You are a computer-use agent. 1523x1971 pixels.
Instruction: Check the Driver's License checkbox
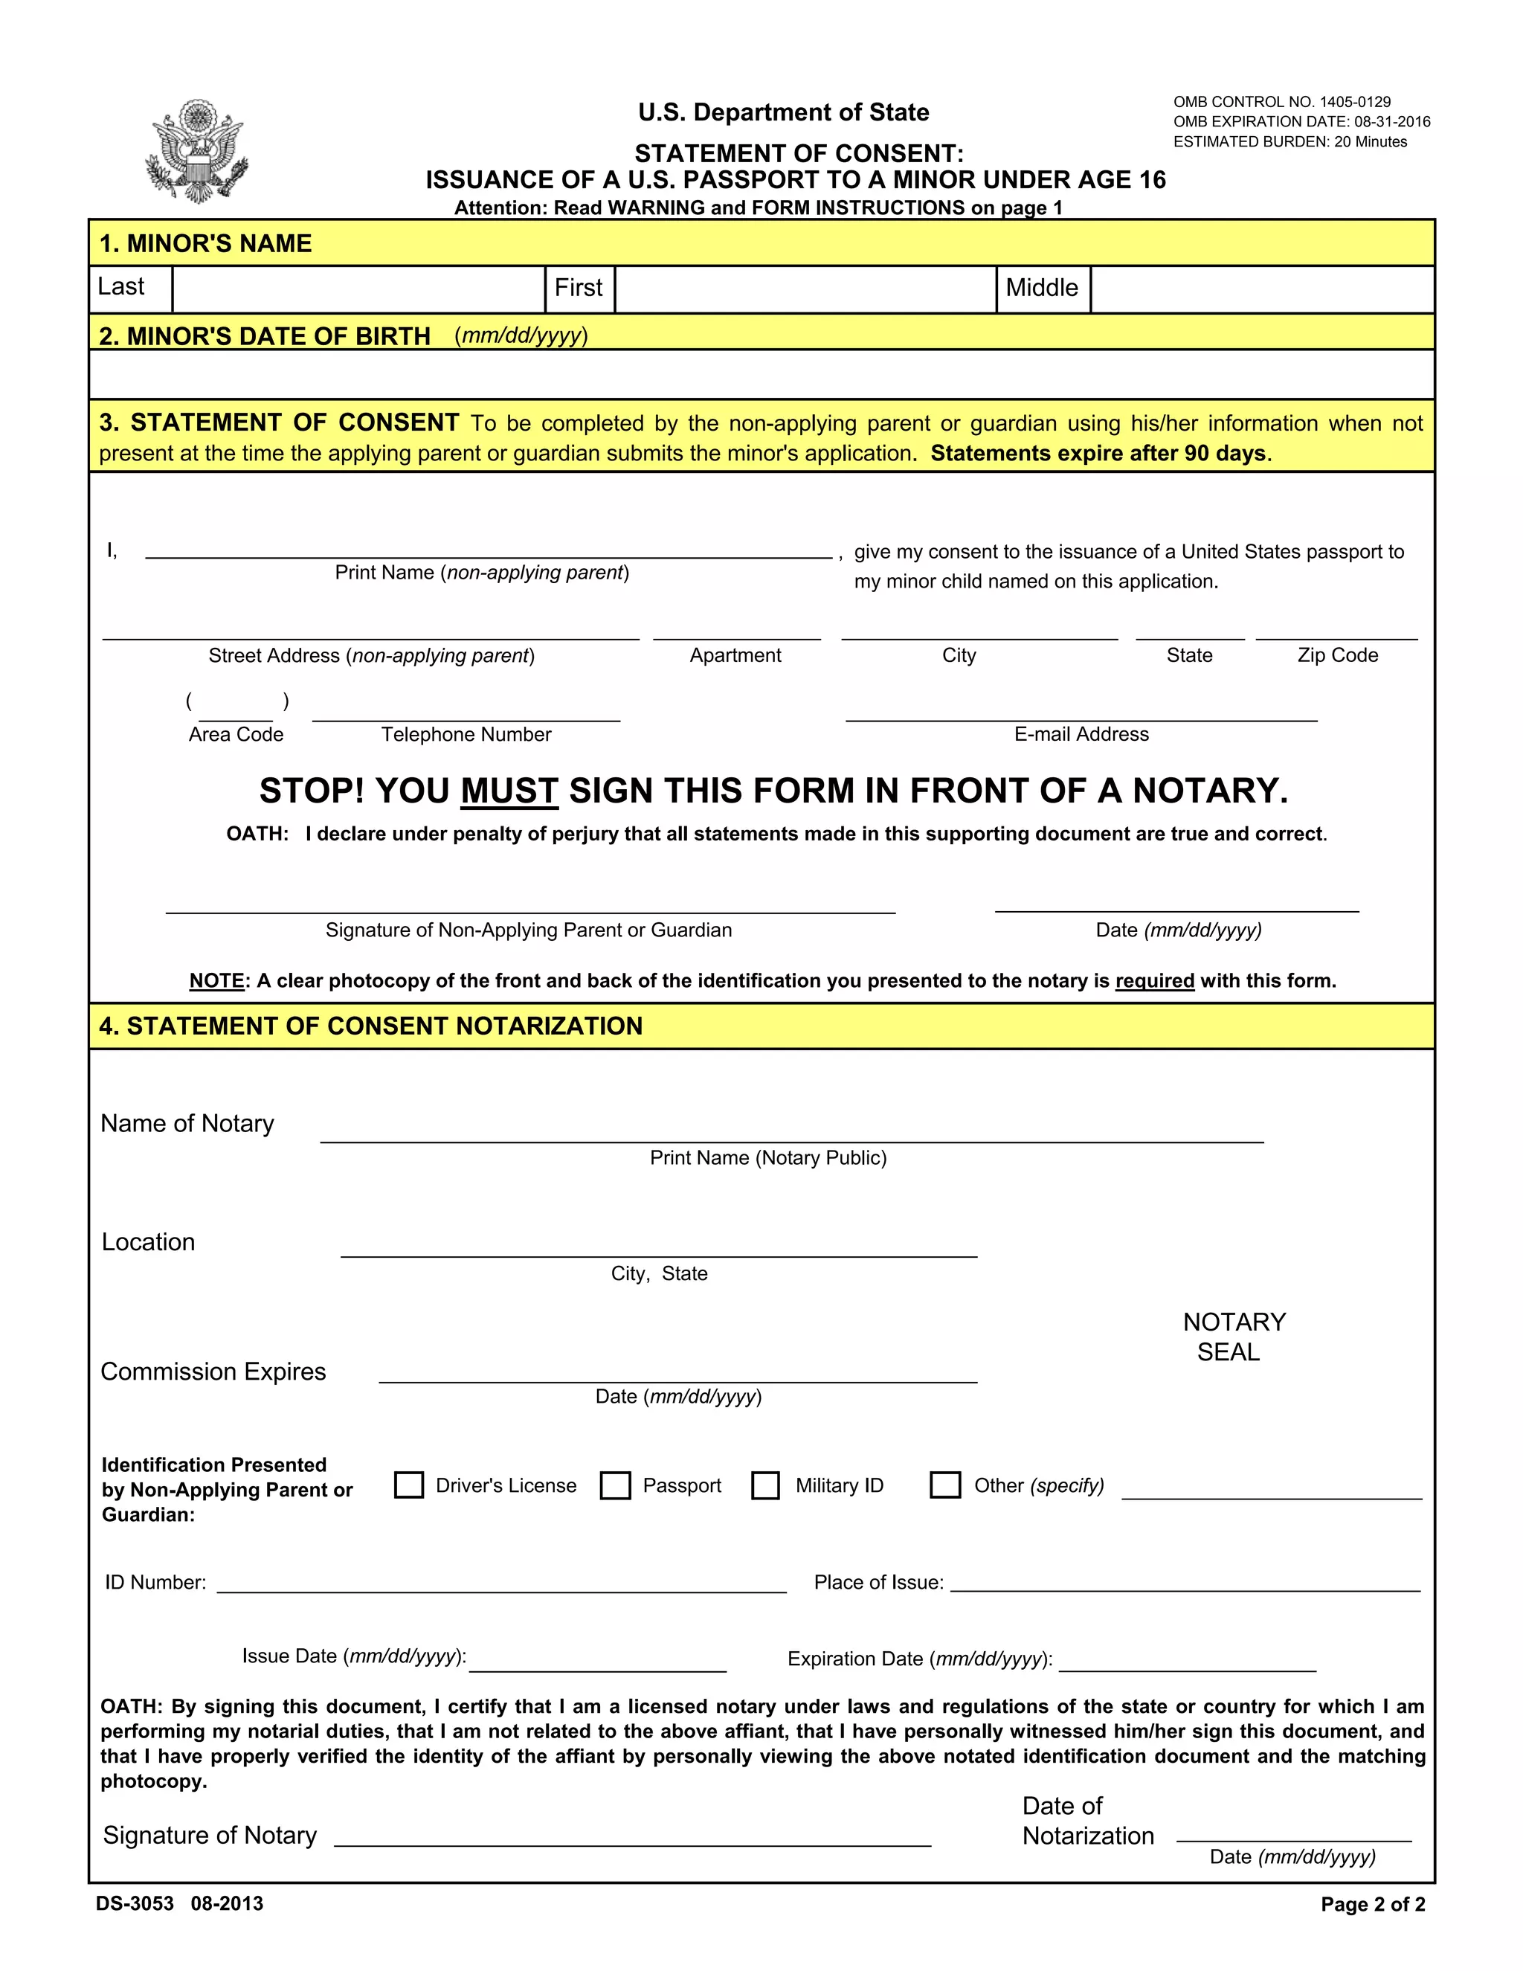[409, 1485]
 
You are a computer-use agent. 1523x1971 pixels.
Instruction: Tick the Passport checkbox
[615, 1485]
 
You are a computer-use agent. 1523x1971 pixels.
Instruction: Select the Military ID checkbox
[765, 1485]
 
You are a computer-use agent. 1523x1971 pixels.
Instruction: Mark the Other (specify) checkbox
[944, 1485]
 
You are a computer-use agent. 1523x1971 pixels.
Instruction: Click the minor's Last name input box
[358, 289]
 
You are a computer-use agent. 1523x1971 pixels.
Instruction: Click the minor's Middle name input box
[1260, 289]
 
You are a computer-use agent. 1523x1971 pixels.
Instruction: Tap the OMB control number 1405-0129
[1282, 102]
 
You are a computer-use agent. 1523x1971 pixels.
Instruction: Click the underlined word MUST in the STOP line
[509, 791]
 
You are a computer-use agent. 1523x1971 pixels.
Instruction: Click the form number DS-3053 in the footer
[135, 1903]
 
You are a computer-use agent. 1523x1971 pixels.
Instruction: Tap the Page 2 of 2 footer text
[1372, 1904]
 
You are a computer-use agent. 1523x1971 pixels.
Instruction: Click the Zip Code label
[1337, 655]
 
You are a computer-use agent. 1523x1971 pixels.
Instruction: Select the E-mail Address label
[1081, 733]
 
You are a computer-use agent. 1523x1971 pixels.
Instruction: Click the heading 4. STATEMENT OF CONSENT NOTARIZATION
[371, 1026]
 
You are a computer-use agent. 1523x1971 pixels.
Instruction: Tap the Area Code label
[236, 733]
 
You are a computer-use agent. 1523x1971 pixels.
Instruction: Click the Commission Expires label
[213, 1372]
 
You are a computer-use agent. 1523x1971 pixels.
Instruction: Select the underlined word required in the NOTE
[1154, 981]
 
